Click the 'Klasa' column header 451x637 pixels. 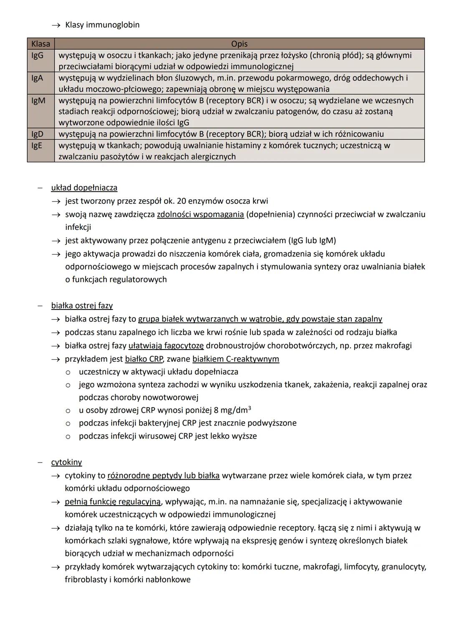[41, 44]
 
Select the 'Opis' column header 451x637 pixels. [239, 44]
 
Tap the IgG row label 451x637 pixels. [38, 55]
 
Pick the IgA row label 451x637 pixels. [37, 78]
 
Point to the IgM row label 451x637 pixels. [38, 101]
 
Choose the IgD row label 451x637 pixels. [38, 134]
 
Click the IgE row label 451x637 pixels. [37, 146]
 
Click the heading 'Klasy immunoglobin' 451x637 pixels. [102, 25]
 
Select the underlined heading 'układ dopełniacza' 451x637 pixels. [84, 188]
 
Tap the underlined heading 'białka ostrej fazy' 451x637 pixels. [82, 305]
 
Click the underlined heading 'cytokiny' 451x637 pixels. [66, 462]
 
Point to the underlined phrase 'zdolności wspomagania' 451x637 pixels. [200, 214]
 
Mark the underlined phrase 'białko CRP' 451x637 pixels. [144, 359]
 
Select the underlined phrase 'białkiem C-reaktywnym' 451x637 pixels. [236, 359]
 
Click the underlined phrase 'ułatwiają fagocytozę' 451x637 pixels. [166, 345]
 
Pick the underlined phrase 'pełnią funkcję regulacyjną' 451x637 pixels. [112, 501]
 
